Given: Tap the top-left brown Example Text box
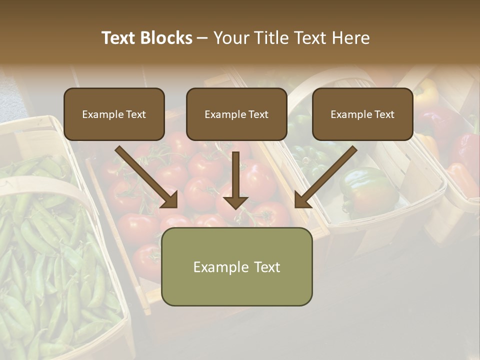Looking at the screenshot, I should [x=114, y=114].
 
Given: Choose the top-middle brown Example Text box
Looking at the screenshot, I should [x=236, y=114].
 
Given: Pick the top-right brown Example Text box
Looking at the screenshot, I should [x=362, y=114].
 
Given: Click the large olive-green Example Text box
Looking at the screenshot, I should [x=236, y=266].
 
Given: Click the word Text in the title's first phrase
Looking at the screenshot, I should [x=119, y=38].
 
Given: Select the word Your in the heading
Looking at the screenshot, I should [x=232, y=38].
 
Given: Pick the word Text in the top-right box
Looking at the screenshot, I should [x=384, y=114].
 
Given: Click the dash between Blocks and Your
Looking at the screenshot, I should [x=202, y=38].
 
